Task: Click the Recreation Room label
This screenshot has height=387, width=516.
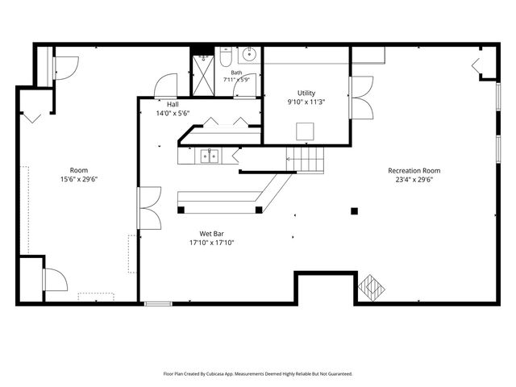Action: (414, 170)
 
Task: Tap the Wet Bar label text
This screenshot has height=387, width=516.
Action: (211, 234)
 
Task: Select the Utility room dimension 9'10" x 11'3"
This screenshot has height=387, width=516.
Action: (306, 102)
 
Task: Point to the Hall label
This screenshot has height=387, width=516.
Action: (173, 104)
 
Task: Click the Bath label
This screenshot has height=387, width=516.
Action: (236, 73)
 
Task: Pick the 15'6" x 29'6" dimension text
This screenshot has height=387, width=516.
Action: (79, 179)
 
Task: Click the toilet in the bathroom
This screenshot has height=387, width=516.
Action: (226, 57)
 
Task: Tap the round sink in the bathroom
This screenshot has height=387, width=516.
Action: (249, 54)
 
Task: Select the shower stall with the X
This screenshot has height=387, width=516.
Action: (203, 75)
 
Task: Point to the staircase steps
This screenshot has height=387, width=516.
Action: (305, 160)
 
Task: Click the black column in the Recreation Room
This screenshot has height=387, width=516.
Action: (354, 211)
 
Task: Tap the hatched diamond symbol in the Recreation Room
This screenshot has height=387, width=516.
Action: (371, 289)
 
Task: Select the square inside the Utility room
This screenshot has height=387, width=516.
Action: (305, 131)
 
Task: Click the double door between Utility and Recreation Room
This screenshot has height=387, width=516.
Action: (361, 98)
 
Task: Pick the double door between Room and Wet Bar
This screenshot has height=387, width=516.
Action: (149, 208)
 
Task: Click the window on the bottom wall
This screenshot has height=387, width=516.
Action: (158, 304)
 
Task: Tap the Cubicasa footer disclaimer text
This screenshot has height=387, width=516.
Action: (258, 374)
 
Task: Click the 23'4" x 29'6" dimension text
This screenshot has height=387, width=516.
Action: (414, 180)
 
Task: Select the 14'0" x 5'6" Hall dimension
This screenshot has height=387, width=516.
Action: (173, 114)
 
